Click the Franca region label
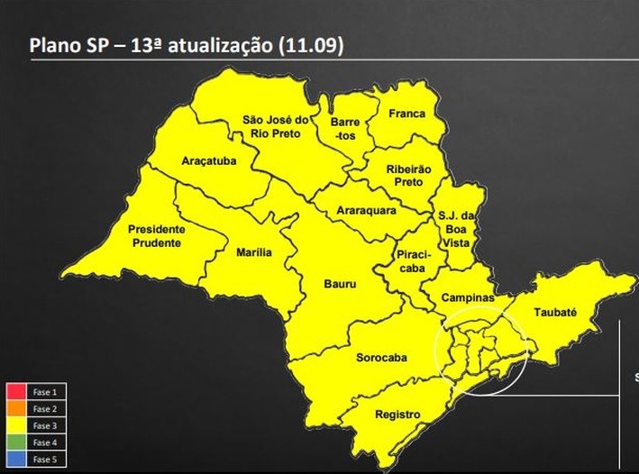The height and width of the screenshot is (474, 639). pos(406,114)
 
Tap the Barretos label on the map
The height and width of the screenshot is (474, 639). pos(345,128)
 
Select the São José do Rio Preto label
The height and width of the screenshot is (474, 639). pos(276,127)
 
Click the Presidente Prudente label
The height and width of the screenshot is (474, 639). pos(156,235)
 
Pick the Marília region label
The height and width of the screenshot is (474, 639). pos(253,252)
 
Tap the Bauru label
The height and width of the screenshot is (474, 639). pos(340,284)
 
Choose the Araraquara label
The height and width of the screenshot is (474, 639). pos(361,211)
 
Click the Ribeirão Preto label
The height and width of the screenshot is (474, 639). pos(409,175)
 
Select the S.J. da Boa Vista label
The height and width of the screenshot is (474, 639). pos(454,229)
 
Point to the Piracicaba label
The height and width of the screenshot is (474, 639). pos(415,261)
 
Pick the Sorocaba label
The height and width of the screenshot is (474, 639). pos(381,358)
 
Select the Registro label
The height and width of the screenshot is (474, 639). pos(397,415)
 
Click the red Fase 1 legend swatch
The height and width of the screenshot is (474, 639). pos(15,392)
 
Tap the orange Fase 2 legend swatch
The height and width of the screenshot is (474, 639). pos(15,409)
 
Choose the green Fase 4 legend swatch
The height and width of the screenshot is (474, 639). pos(15,443)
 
